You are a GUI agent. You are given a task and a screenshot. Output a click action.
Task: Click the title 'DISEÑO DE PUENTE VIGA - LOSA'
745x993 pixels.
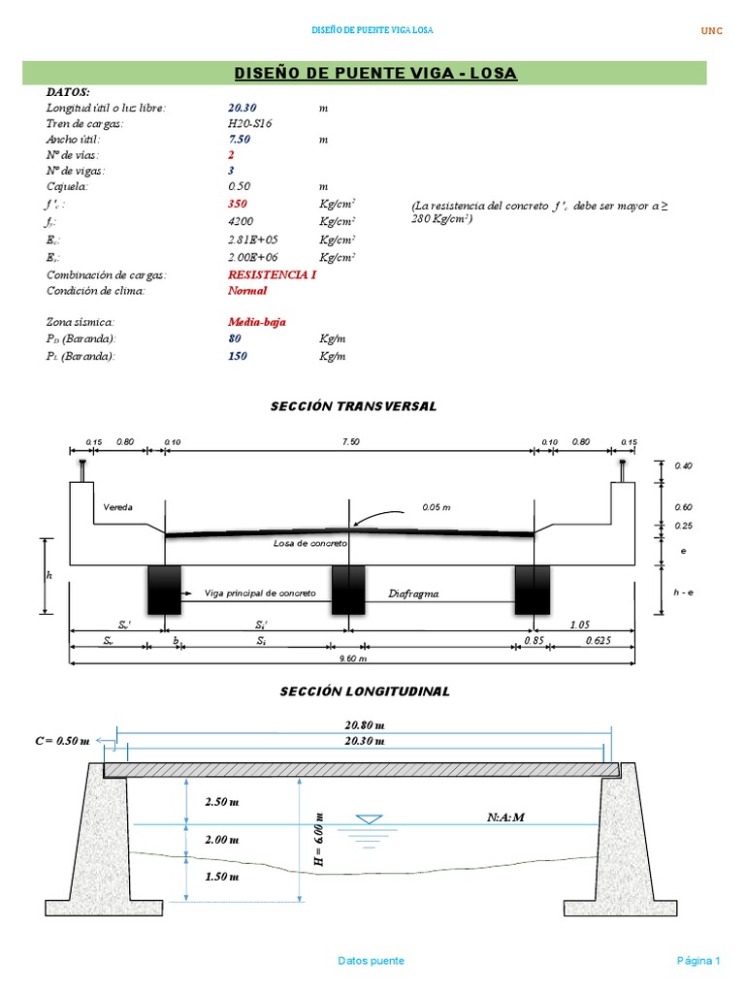(375, 74)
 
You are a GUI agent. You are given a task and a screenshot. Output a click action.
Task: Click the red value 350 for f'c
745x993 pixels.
(238, 205)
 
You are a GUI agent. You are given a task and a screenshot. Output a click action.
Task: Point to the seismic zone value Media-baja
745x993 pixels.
(256, 322)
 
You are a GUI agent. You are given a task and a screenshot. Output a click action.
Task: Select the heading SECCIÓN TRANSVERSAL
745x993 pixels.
(353, 406)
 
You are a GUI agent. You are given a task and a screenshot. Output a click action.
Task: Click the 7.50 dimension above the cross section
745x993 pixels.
(350, 441)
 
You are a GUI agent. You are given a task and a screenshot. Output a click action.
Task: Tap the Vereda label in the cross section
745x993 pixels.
(117, 507)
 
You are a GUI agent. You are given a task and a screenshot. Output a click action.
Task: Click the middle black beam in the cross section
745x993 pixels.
(347, 590)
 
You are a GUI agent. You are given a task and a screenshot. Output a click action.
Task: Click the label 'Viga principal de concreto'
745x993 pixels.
(259, 593)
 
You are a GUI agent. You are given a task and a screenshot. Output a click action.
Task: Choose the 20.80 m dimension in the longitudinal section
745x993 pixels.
(365, 724)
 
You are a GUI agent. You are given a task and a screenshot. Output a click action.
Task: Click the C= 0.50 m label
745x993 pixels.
(61, 741)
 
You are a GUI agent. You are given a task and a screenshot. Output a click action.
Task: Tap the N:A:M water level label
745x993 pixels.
(505, 817)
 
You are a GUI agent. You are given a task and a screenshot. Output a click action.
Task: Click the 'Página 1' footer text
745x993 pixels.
(697, 961)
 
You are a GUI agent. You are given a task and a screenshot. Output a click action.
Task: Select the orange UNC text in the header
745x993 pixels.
(712, 31)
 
